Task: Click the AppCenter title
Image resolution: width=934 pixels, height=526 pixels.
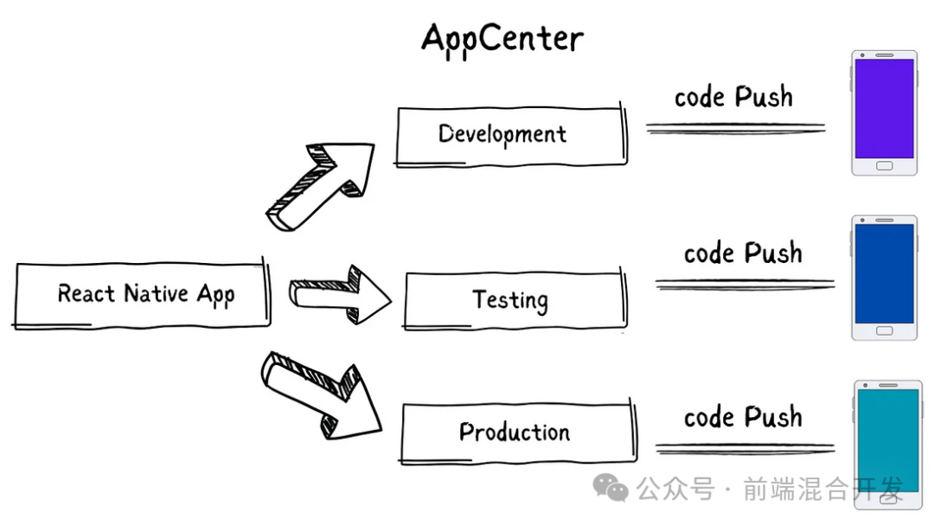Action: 502,39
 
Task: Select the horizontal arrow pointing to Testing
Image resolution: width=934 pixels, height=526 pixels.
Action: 340,295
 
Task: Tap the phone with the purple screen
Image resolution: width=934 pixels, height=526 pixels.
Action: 884,113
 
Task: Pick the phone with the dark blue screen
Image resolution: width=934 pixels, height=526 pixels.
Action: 884,279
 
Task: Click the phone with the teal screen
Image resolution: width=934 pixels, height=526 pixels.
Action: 887,445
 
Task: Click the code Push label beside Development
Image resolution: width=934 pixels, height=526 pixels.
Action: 734,97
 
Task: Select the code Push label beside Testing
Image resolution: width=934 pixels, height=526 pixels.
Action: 743,253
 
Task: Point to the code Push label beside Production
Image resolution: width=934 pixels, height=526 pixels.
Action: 743,417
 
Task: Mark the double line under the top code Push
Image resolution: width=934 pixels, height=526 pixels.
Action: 736,128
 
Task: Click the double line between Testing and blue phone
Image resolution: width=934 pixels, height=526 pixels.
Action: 745,285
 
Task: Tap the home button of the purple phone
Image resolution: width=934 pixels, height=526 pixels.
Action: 884,166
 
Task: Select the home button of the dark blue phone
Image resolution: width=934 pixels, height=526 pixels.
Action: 884,331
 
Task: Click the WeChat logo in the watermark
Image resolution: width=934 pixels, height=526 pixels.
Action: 611,489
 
